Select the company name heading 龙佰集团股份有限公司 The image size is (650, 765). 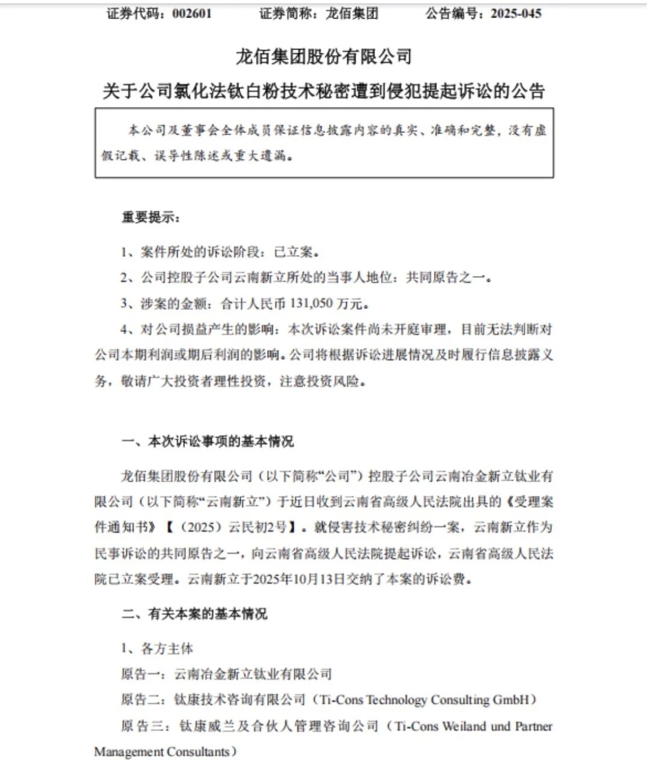(x=324, y=57)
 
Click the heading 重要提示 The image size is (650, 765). (x=150, y=218)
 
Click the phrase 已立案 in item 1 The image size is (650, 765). (x=296, y=252)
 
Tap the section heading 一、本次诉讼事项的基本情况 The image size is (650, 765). (x=208, y=442)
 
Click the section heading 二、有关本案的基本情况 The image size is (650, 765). (x=194, y=615)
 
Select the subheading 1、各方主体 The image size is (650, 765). (x=157, y=649)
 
